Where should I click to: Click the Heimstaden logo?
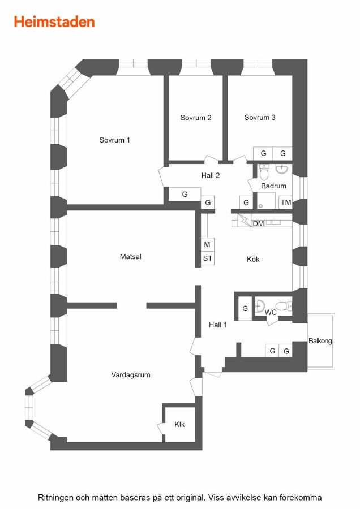tap(54, 22)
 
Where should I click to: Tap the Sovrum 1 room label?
tap(115, 140)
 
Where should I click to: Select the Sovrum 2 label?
tap(196, 118)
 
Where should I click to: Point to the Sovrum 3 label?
tap(260, 117)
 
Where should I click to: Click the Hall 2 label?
tap(211, 176)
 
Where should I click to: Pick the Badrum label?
tap(273, 186)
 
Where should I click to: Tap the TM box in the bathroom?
tap(286, 202)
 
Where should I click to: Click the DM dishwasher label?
tap(258, 223)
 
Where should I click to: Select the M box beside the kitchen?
tap(207, 245)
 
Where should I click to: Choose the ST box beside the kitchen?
tap(208, 258)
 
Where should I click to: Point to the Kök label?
tap(253, 260)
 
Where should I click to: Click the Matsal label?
tap(131, 257)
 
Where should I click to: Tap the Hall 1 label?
tap(218, 325)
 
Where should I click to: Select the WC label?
tap(271, 312)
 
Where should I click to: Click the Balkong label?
tap(320, 341)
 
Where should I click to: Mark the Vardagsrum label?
tap(131, 375)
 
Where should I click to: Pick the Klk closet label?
tap(179, 424)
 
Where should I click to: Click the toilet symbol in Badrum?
tap(264, 172)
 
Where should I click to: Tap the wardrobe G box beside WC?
tap(245, 309)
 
